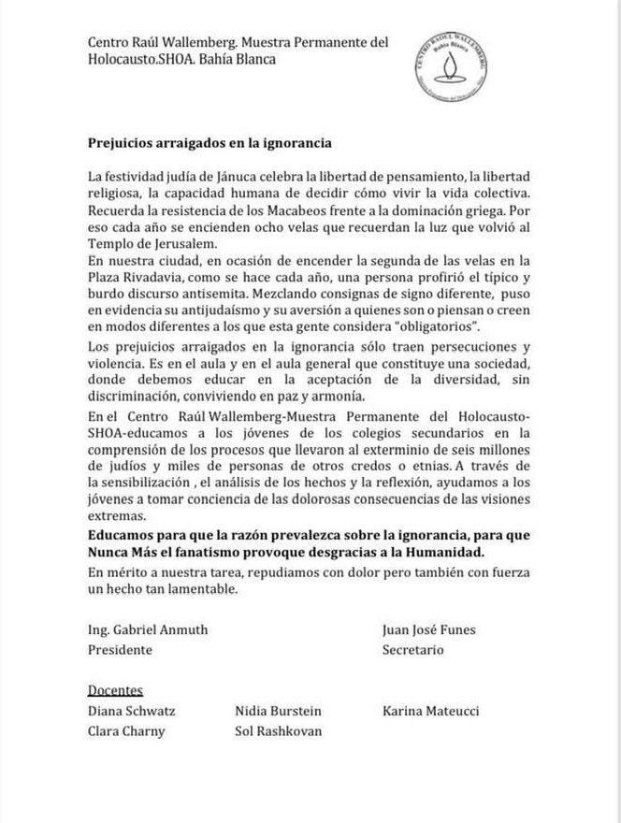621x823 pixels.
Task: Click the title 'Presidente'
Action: (x=120, y=649)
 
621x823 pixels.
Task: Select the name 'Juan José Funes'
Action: (x=428, y=630)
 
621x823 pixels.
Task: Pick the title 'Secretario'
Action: (x=412, y=649)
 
